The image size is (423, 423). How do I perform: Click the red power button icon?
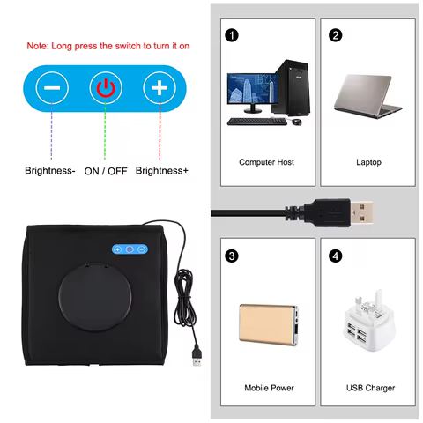[106, 88]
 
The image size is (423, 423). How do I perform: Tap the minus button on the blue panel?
[53, 88]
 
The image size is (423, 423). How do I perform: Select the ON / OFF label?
[105, 171]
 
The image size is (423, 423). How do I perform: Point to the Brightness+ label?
[162, 171]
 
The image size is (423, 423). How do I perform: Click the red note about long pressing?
[108, 46]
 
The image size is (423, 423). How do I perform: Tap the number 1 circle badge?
[232, 36]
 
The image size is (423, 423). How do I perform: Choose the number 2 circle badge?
[335, 36]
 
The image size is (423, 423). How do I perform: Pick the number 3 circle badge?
[232, 256]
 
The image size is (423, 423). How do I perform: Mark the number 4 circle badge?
[335, 256]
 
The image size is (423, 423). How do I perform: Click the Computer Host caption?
[266, 162]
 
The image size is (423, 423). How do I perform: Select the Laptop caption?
[368, 162]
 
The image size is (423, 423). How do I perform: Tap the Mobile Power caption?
[267, 388]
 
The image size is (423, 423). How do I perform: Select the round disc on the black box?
[93, 305]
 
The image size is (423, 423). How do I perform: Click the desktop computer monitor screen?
[249, 90]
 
